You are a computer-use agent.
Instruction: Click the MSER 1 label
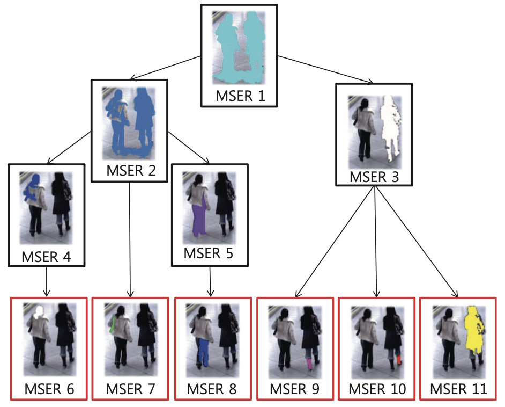(x=240, y=97)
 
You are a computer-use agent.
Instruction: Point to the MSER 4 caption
(x=47, y=257)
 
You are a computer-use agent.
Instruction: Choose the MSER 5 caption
(x=209, y=252)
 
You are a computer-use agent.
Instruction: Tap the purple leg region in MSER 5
(x=198, y=220)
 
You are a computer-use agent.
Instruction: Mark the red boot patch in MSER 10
(x=399, y=358)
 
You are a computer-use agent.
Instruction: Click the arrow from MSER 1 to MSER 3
(x=324, y=69)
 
